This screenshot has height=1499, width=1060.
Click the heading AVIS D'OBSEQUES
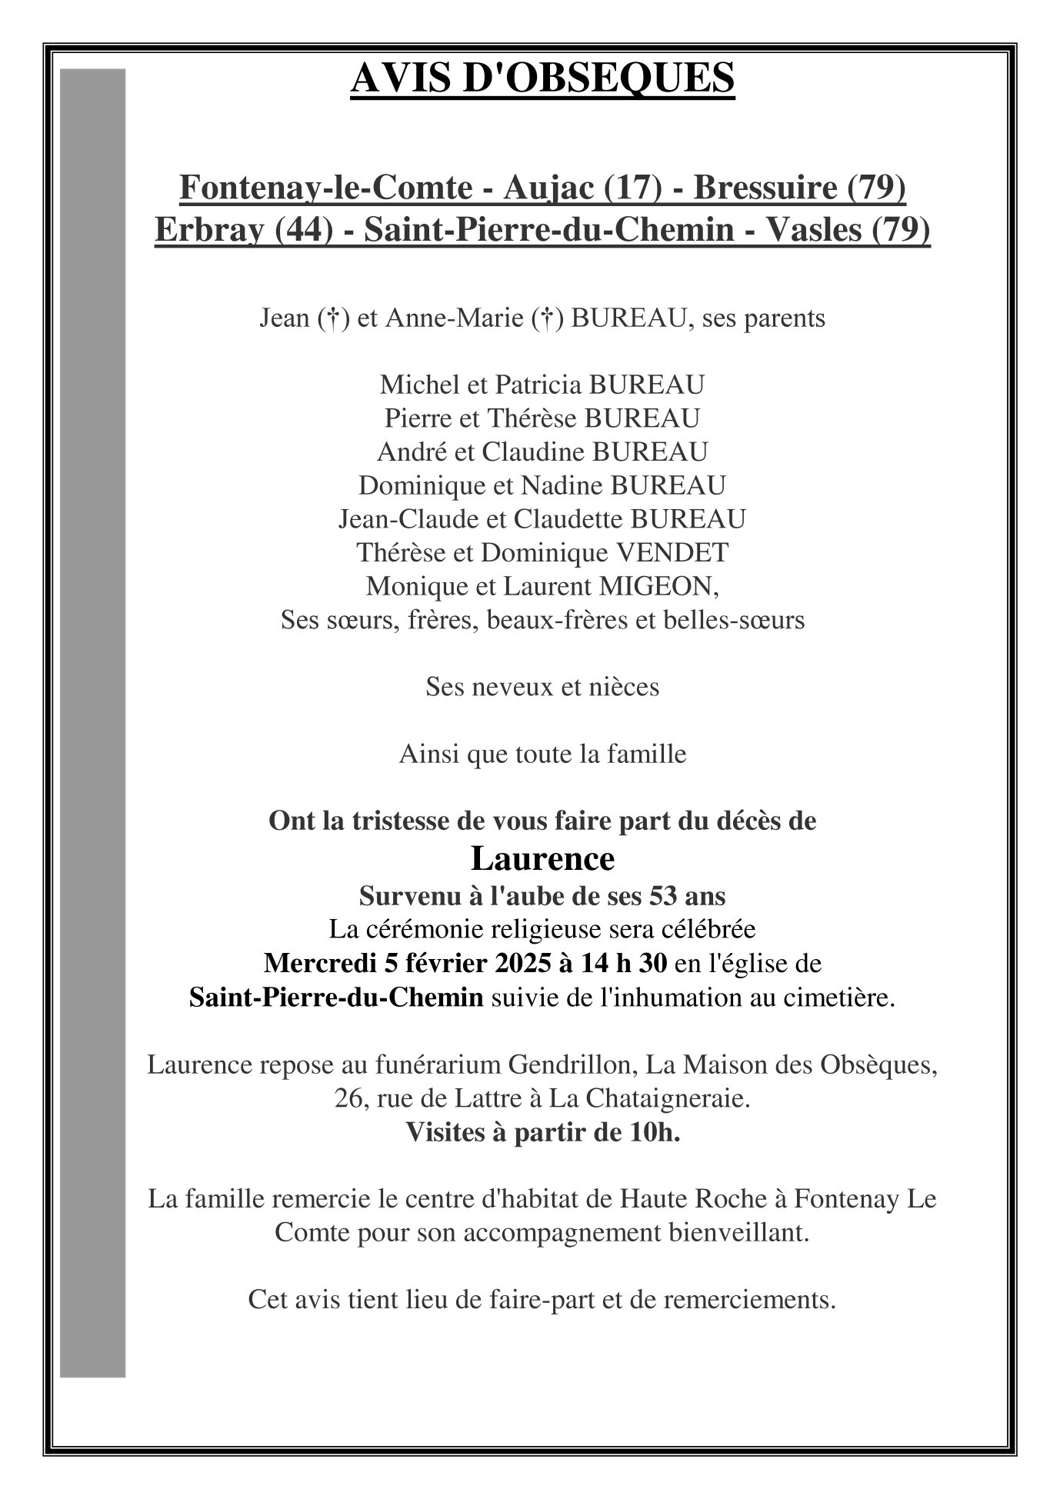(x=542, y=78)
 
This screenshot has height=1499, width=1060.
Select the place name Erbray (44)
(x=244, y=230)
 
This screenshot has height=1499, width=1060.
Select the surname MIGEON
(x=658, y=586)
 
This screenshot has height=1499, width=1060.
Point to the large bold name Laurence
(x=542, y=859)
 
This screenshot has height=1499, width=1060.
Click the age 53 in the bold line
(x=662, y=896)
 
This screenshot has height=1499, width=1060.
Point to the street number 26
(x=348, y=1098)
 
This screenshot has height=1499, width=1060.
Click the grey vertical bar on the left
(x=92, y=723)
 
